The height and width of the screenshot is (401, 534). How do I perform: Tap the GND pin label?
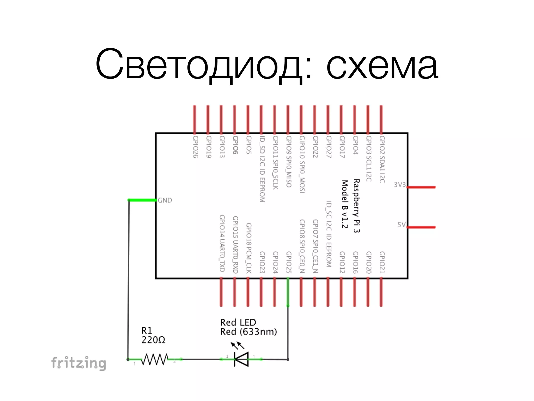pyautogui.click(x=165, y=200)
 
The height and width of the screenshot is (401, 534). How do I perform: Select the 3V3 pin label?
pyautogui.click(x=400, y=185)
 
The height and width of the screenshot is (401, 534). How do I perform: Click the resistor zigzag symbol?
pyautogui.click(x=155, y=359)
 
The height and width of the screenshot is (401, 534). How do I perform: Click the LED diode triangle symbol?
pyautogui.click(x=241, y=359)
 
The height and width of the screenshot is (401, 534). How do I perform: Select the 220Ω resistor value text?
pyautogui.click(x=153, y=340)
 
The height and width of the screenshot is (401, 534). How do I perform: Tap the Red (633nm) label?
pyautogui.click(x=248, y=332)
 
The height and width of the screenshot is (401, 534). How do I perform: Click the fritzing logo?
pyautogui.click(x=79, y=363)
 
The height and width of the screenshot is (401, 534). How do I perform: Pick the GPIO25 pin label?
pyautogui.click(x=289, y=262)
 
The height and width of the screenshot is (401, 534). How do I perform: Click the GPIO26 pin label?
pyautogui.click(x=195, y=147)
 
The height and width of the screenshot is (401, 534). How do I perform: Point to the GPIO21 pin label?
pyautogui.click(x=382, y=262)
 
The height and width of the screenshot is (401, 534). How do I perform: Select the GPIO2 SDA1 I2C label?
pyautogui.click(x=382, y=159)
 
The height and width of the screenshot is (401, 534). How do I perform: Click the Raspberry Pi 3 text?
pyautogui.click(x=356, y=206)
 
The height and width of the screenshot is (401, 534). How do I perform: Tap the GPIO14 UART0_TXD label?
pyautogui.click(x=222, y=243)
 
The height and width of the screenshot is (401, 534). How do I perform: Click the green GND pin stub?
pyautogui.click(x=142, y=200)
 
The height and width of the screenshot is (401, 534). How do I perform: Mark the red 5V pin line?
pyautogui.click(x=421, y=227)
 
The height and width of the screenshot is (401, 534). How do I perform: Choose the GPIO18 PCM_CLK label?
pyautogui.click(x=249, y=248)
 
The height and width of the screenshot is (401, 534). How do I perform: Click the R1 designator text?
pyautogui.click(x=147, y=331)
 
